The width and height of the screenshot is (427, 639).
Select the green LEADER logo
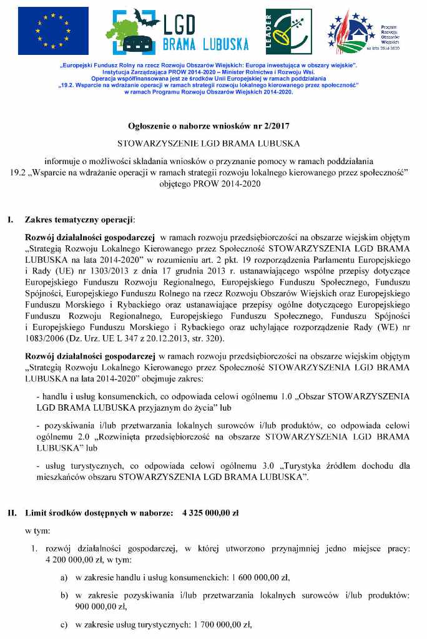289,31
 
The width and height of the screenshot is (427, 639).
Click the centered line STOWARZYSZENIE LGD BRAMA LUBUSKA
213,143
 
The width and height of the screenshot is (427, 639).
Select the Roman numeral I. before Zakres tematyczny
11,220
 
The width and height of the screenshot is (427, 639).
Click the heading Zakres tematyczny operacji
79,220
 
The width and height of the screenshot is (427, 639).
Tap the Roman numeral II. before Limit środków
12,513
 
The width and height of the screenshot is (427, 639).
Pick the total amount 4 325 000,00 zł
211,513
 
